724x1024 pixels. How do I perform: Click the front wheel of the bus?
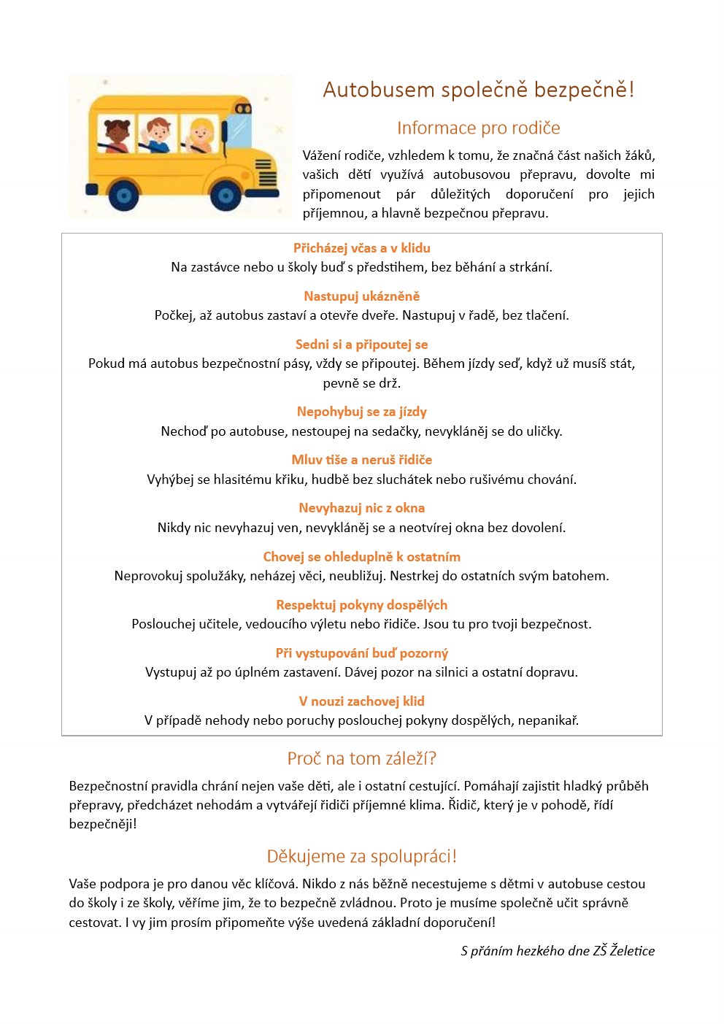225,195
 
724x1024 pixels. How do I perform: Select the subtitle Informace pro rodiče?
478,128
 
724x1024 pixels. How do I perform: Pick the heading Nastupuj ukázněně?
361,296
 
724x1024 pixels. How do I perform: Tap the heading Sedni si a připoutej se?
361,344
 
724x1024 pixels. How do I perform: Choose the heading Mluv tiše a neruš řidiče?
361,459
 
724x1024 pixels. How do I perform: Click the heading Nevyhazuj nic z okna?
361,507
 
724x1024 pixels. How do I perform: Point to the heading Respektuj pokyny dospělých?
361,604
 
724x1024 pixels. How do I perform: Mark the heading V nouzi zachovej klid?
361,701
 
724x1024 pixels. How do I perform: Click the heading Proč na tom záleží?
361,758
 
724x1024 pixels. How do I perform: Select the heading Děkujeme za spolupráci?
361,856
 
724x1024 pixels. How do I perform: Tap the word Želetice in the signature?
632,950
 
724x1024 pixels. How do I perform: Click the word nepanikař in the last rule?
547,720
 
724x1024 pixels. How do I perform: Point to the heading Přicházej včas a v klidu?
361,247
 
